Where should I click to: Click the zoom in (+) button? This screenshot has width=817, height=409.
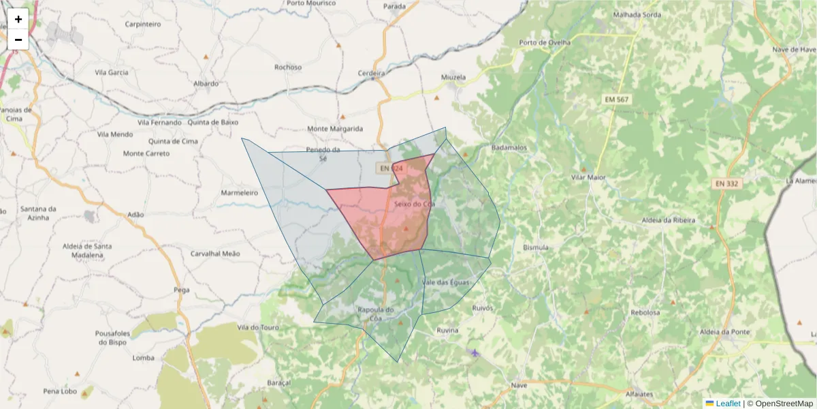[18, 19]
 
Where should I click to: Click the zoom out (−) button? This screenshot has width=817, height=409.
[18, 40]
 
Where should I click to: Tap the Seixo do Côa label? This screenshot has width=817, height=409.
[414, 204]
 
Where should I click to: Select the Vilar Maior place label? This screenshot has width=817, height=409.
[588, 177]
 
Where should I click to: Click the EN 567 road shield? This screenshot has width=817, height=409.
[617, 100]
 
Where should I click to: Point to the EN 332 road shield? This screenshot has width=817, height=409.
[728, 183]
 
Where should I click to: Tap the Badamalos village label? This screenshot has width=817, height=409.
[509, 147]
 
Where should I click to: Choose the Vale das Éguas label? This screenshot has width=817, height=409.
[445, 282]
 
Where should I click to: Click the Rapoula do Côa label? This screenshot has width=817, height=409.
[376, 314]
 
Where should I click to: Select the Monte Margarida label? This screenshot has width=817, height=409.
[335, 128]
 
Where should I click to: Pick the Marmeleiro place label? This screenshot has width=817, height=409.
[240, 193]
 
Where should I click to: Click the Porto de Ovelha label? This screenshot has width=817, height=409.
[545, 42]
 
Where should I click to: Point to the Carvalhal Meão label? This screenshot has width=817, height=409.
[216, 253]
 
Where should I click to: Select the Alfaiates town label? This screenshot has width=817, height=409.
[642, 394]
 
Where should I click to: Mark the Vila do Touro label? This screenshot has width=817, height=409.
[258, 327]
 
